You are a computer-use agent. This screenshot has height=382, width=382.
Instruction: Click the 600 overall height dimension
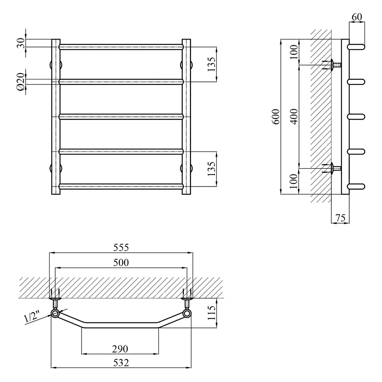(276, 117)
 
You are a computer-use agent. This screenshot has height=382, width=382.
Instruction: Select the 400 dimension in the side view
(294, 117)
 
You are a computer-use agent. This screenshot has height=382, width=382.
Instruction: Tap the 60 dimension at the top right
(357, 17)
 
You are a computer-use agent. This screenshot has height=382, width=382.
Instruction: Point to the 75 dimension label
(340, 217)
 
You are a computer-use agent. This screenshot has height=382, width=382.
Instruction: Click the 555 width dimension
(121, 248)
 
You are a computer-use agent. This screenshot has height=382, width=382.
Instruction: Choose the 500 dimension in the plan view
(121, 262)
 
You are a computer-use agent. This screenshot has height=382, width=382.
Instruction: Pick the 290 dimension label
(120, 349)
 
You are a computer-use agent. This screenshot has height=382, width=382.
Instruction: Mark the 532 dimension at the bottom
(121, 363)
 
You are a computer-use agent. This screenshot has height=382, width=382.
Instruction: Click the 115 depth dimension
(212, 313)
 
